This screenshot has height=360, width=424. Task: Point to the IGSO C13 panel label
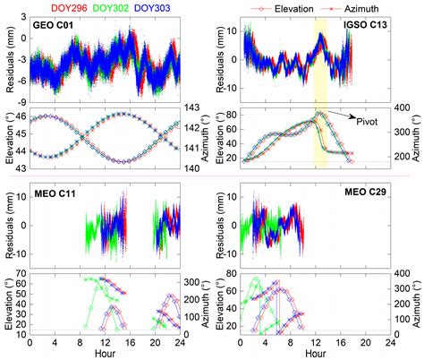[x=247, y=28]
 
